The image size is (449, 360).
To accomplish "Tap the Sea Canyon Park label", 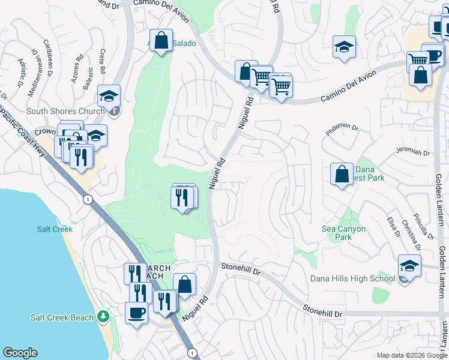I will (345, 232).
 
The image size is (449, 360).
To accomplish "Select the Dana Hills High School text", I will (352, 278).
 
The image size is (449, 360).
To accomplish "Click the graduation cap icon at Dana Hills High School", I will (409, 265).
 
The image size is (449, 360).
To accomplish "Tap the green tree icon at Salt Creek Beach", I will (103, 316).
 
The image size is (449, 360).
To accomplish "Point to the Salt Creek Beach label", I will (62, 317).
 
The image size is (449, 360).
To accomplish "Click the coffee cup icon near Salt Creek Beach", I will (136, 313).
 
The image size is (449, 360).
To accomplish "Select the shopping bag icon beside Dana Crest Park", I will (342, 174).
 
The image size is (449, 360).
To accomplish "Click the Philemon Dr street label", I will (342, 128).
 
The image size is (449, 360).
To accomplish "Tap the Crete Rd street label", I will (103, 62).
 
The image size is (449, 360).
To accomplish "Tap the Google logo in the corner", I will (20, 353).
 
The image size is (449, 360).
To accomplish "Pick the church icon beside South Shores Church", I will (114, 110).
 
